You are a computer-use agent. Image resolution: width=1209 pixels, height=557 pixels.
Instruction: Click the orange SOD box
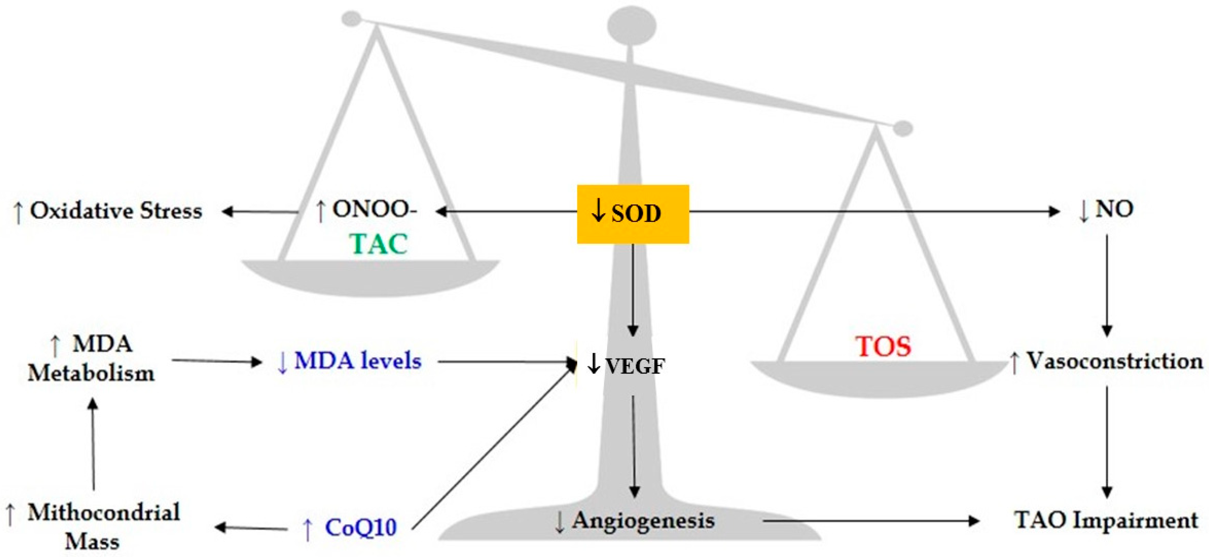coord(633,214)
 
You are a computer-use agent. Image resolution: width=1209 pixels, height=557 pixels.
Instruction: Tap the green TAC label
coord(378,244)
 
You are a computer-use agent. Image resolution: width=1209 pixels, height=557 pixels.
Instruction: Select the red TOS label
coord(884,346)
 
